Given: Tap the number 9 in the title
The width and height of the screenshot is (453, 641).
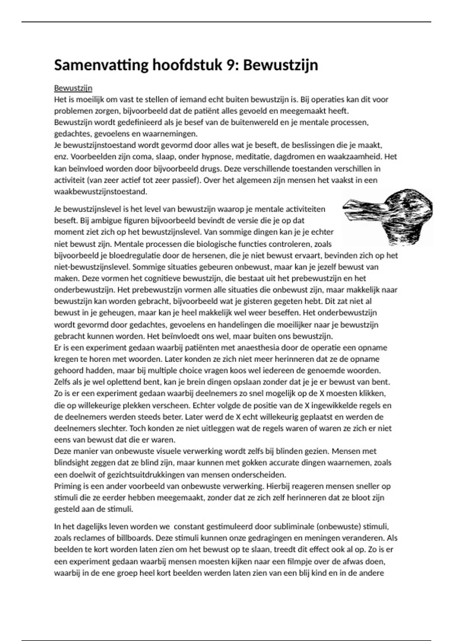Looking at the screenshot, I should pyautogui.click(x=231, y=65).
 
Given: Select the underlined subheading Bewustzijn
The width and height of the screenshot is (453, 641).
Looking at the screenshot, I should pyautogui.click(x=73, y=88).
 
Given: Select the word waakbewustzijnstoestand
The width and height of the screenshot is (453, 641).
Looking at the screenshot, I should pyautogui.click(x=100, y=192).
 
